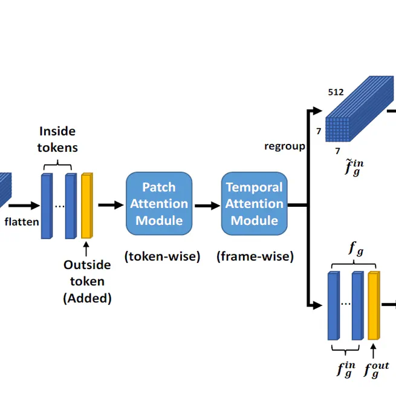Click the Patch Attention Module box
[x=159, y=204]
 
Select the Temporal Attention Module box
[x=254, y=204]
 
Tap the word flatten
[x=22, y=221]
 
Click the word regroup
[x=284, y=146]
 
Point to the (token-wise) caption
[x=162, y=256]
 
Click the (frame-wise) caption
[x=255, y=256]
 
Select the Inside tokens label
[x=58, y=139]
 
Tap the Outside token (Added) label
[x=87, y=281]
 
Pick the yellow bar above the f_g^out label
[x=374, y=305]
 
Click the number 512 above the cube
[x=336, y=93]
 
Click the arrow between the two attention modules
[x=207, y=205]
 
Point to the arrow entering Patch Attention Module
[x=110, y=205]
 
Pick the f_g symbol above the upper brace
[x=354, y=248]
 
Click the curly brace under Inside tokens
[x=57, y=164]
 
